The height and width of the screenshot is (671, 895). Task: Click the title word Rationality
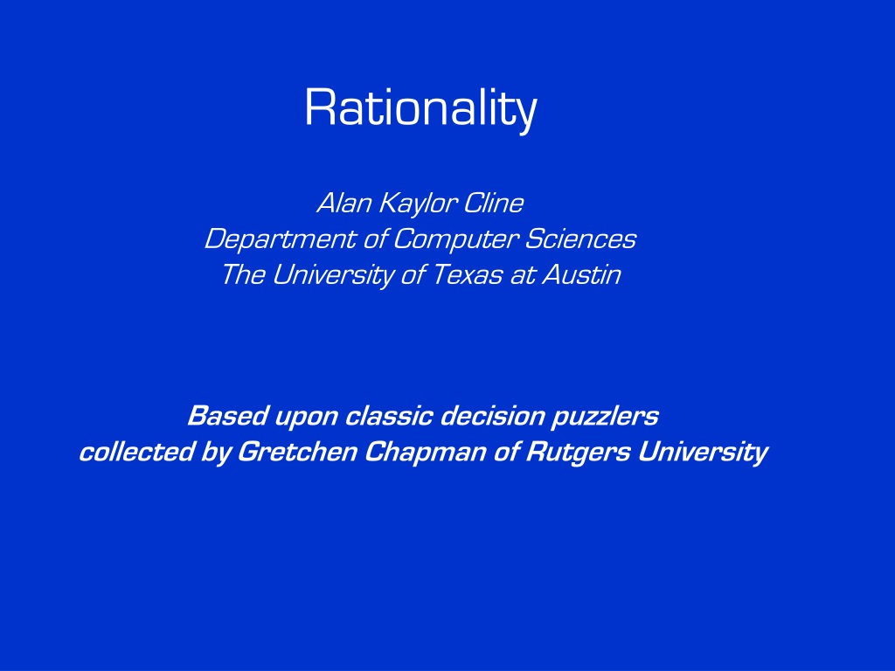click(x=420, y=107)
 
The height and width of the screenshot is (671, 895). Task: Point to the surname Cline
click(x=493, y=203)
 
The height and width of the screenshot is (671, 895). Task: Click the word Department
click(x=281, y=239)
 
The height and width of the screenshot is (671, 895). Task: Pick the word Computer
click(x=456, y=239)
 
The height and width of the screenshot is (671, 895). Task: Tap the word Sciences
click(x=580, y=239)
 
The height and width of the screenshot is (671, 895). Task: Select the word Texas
click(x=468, y=274)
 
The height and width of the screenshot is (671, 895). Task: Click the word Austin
click(x=581, y=274)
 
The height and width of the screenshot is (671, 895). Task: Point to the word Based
click(x=227, y=415)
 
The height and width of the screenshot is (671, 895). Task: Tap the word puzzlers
click(x=605, y=417)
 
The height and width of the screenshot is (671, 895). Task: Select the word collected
click(x=136, y=452)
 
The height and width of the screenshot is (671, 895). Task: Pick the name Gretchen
click(x=297, y=452)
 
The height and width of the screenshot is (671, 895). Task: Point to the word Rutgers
click(x=578, y=453)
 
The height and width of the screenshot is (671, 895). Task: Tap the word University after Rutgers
click(x=703, y=453)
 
